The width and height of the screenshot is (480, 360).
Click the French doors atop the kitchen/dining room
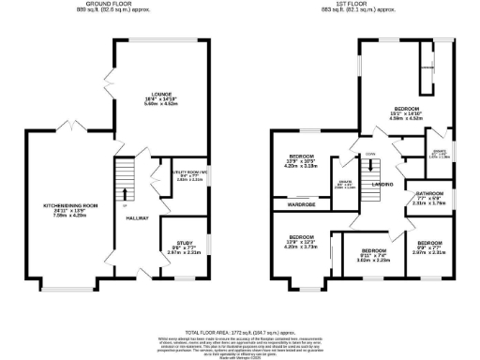67,126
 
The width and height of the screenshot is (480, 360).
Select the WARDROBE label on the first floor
301,202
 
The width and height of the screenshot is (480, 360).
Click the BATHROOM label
422,195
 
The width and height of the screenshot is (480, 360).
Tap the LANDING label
382,185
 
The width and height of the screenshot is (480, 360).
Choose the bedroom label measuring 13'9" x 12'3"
302,237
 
